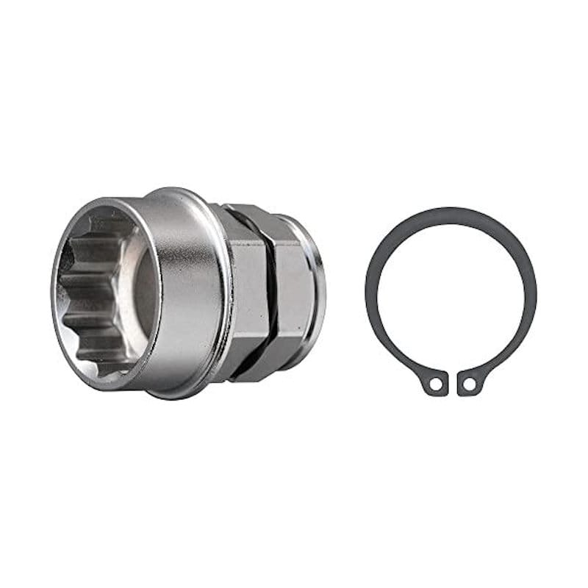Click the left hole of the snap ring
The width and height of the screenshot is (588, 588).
point(436,384)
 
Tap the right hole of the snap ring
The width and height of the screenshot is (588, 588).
point(469,384)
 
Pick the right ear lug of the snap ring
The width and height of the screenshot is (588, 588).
point(470,383)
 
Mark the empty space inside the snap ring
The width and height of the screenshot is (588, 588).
point(450,294)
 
